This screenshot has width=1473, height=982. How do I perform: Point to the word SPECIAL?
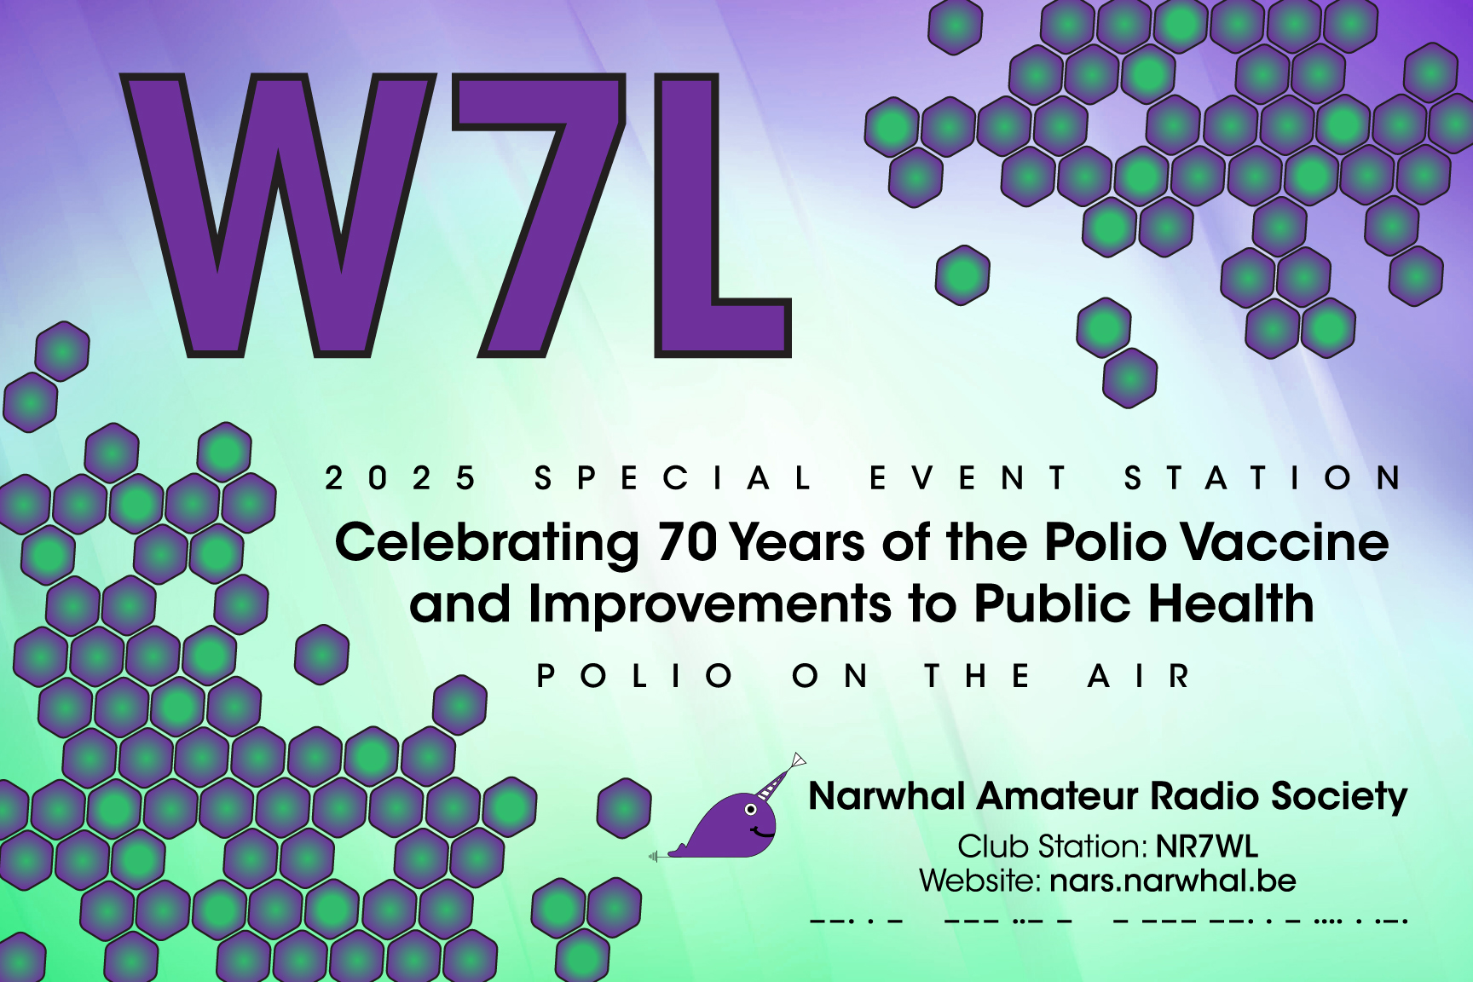click(673, 478)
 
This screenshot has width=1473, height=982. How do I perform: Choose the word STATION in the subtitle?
click(1263, 478)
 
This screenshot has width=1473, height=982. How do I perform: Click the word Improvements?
click(710, 605)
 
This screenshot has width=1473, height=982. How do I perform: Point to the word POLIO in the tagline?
click(636, 676)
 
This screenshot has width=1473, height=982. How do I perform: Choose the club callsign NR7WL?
click(1206, 846)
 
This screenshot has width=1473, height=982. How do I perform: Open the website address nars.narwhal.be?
click(1173, 880)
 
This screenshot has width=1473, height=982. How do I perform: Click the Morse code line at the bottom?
click(1108, 921)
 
